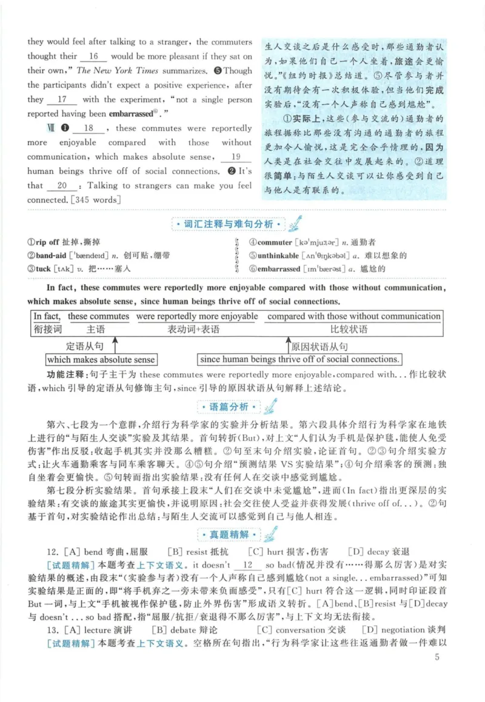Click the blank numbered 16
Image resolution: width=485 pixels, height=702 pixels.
point(93,57)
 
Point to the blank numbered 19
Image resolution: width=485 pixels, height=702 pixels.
point(237,157)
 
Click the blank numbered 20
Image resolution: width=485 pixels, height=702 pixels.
point(62,186)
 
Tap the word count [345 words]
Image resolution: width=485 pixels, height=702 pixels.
point(96,200)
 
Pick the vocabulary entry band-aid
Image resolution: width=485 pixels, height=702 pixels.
point(58,256)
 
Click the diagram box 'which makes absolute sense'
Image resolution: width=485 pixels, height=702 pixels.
point(93,360)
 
